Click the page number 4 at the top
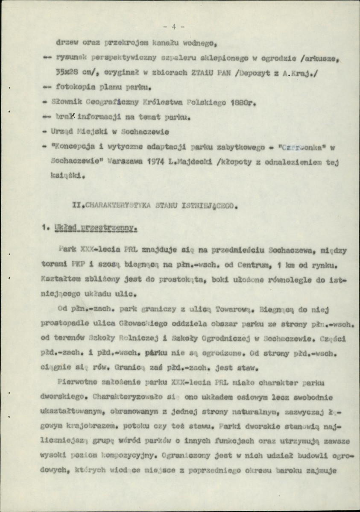point(174,27)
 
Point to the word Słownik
point(67,103)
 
